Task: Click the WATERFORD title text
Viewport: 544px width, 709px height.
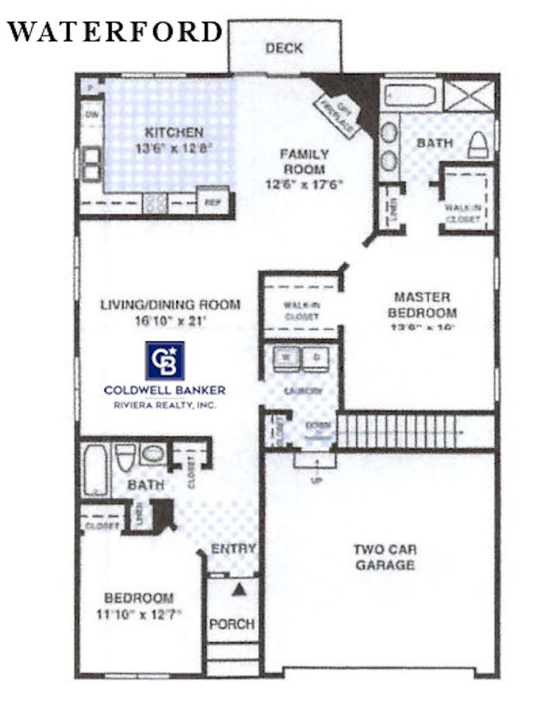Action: click(115, 32)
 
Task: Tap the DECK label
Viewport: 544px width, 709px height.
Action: click(284, 48)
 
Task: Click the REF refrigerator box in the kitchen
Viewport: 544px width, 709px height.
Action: click(211, 201)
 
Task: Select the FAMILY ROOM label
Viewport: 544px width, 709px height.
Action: click(305, 162)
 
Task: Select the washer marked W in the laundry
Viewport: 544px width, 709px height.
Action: click(285, 357)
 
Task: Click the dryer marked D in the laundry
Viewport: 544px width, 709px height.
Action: click(316, 357)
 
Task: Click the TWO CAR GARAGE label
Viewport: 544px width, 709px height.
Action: click(385, 557)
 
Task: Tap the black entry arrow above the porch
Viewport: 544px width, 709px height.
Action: click(239, 589)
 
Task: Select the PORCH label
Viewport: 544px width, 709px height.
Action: click(232, 623)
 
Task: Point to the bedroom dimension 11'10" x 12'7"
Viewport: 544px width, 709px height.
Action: click(138, 613)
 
